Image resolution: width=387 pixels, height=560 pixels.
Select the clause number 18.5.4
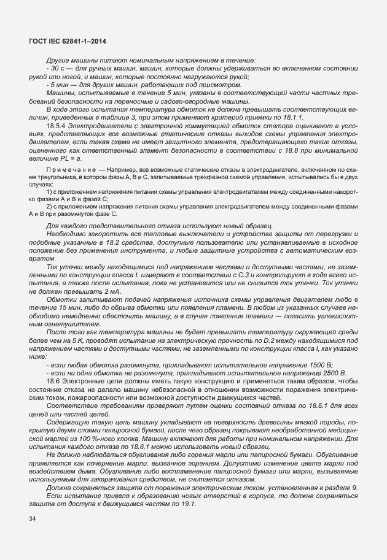57,126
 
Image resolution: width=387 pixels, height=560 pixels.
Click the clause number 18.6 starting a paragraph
53,382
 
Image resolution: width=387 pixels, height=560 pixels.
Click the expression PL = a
72,158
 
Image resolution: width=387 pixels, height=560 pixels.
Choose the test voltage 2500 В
332,373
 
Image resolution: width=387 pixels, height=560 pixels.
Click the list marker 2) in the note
49,207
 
